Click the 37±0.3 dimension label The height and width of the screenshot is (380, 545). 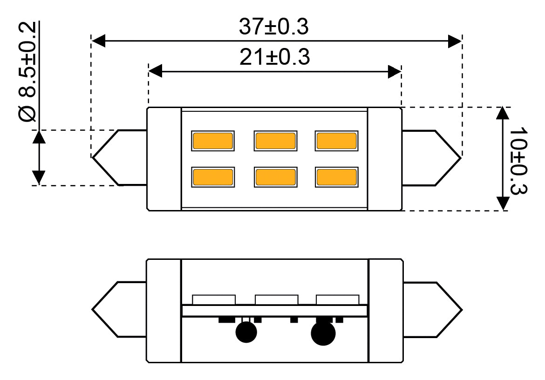tap(273, 27)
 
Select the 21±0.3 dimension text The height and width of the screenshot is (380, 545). tap(274, 57)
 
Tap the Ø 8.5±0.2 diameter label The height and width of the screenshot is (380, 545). tap(27, 72)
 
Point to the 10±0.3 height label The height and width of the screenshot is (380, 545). tap(518, 161)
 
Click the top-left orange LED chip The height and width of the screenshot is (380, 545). tap(213, 141)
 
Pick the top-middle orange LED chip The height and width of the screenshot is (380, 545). tap(276, 141)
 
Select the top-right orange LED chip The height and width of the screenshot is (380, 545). tap(336, 141)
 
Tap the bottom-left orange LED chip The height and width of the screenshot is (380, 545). tap(213, 177)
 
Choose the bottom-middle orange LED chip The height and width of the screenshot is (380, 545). tap(276, 177)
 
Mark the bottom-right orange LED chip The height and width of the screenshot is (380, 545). tap(336, 177)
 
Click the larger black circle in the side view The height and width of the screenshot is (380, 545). tap(323, 333)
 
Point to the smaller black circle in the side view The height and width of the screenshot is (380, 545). tap(246, 332)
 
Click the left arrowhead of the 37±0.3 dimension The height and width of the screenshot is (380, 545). tap(98, 41)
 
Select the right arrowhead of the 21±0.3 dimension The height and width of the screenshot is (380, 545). tap(395, 72)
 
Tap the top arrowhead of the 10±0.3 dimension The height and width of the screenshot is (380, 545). tap(503, 114)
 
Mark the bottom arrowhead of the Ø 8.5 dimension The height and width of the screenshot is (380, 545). tap(39, 177)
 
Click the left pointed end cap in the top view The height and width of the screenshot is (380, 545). tap(119, 158)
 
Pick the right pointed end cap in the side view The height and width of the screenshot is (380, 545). tap(432, 310)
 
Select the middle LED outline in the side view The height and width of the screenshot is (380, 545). tap(276, 299)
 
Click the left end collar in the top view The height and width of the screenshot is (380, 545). tap(164, 159)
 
